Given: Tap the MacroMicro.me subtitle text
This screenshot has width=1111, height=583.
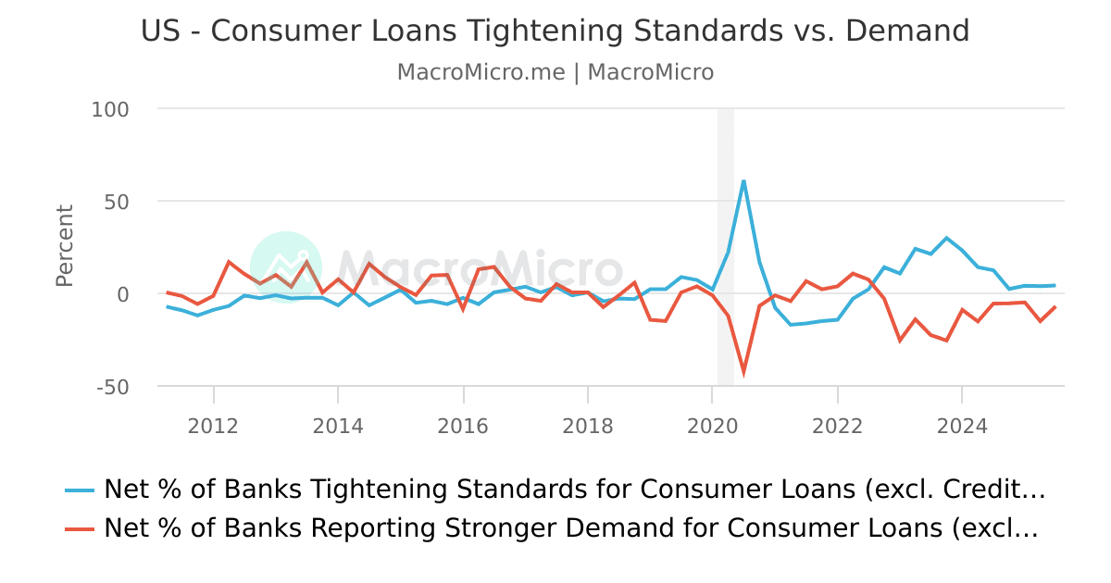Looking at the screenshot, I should tap(481, 72).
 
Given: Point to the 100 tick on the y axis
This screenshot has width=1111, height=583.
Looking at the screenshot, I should tap(110, 109).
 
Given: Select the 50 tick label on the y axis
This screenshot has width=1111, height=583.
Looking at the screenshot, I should tap(117, 202).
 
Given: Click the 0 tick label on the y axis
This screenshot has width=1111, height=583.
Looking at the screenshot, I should tap(122, 294).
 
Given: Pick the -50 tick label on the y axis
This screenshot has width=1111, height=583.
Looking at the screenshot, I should tap(112, 387).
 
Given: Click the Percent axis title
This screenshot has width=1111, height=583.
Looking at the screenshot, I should tap(64, 246).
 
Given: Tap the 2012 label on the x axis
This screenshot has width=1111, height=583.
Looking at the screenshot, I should tap(214, 426).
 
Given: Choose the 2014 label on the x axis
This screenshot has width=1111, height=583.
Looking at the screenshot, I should tap(338, 426).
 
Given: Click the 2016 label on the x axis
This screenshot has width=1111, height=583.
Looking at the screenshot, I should tap(463, 426).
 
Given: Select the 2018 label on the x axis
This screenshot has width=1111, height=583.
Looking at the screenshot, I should tap(587, 426).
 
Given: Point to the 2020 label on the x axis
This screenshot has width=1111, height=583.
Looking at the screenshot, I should tap(712, 426).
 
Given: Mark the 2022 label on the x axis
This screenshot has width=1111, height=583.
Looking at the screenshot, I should tap(837, 426).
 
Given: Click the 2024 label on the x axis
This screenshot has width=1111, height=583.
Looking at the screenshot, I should tap(961, 426).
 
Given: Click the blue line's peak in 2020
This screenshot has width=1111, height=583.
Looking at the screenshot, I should tap(743, 180).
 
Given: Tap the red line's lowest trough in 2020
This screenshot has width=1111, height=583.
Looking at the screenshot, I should tap(743, 372).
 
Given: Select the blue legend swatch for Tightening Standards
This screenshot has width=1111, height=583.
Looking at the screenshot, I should tap(80, 490).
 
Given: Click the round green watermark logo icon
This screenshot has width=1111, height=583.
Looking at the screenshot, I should tap(286, 267).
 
